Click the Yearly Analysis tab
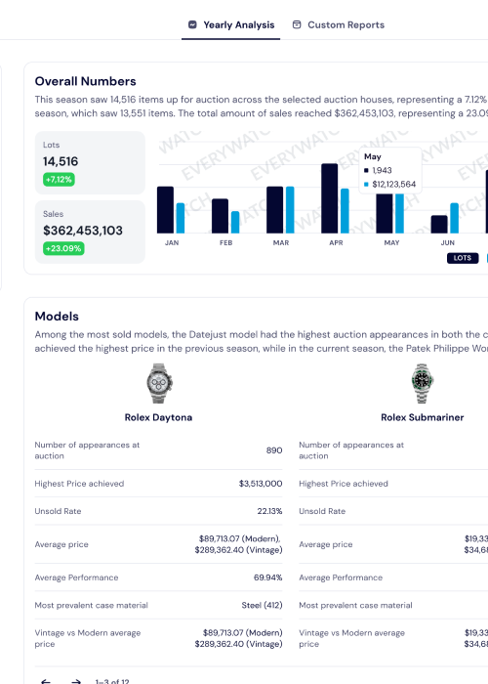point(230,24)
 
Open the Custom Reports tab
point(338,24)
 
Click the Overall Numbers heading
point(85,81)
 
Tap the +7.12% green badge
point(59,180)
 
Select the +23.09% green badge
point(63,248)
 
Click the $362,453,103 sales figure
point(83,231)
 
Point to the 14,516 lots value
point(61,162)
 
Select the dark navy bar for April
point(329,198)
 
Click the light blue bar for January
point(181,218)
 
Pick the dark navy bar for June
point(439,224)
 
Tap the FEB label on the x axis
point(225,242)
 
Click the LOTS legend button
point(462,258)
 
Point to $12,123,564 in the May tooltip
point(393,184)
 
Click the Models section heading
point(57,316)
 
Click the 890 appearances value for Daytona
point(274,450)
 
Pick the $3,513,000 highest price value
point(261,484)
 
